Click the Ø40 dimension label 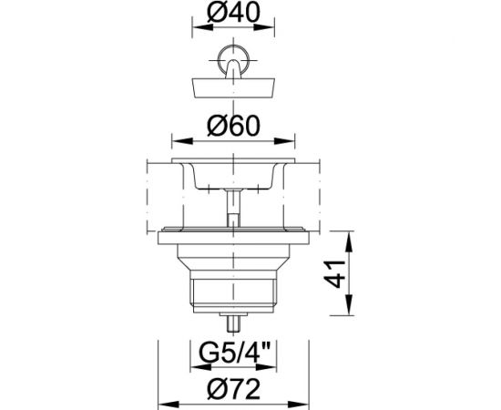tap(233, 13)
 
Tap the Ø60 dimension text tap(233, 126)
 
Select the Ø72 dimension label tap(233, 389)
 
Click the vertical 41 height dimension tap(334, 274)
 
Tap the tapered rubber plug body tap(233, 87)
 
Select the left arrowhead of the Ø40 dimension tap(202, 27)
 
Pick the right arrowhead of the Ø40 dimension tap(264, 27)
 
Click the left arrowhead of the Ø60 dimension tap(182, 141)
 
